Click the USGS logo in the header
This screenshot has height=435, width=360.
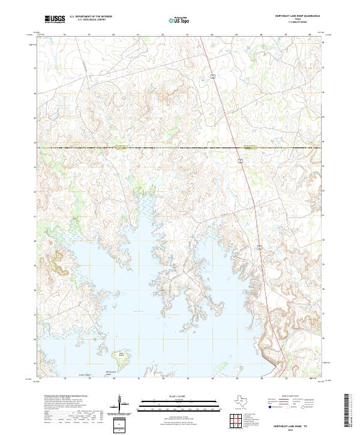click(55, 19)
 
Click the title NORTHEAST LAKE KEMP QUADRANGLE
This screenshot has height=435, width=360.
click(297, 15)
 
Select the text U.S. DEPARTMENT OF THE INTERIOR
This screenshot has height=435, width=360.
click(91, 17)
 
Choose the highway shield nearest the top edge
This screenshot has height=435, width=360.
click(212, 76)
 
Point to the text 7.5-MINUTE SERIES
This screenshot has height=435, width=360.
click(297, 22)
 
